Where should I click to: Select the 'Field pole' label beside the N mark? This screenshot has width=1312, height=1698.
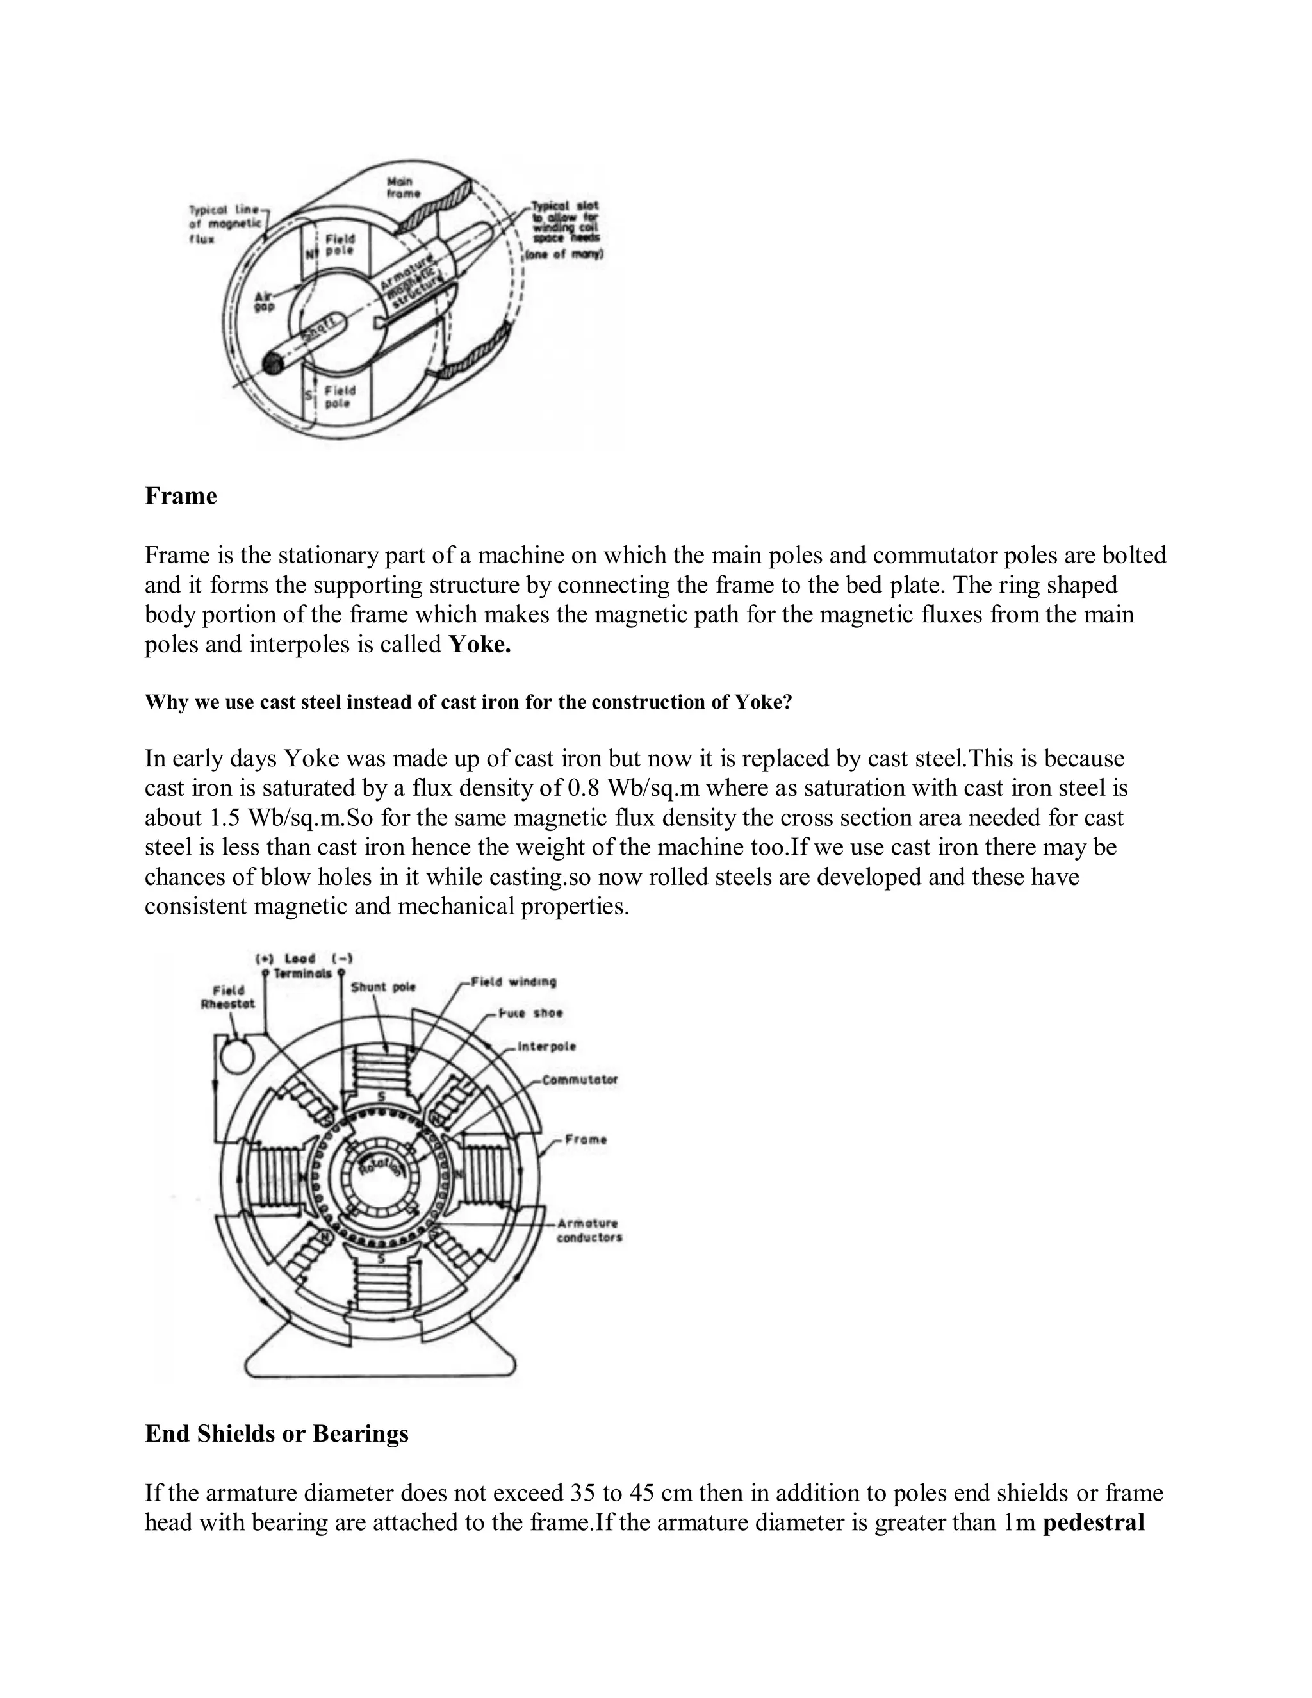340,244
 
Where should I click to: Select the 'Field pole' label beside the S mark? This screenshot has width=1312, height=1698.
340,397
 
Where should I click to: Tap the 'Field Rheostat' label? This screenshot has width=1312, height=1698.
227,997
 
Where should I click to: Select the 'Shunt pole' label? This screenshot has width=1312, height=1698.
383,987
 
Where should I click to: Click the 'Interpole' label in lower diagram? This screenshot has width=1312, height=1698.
546,1046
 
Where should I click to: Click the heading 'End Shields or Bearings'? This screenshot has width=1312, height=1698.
277,1433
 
